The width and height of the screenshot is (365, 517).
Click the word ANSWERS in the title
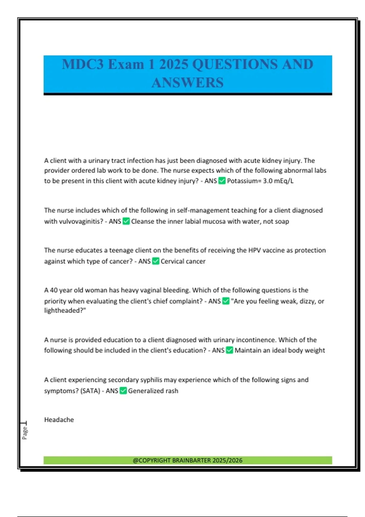tap(187, 83)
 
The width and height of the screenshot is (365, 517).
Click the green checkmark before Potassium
tap(222, 181)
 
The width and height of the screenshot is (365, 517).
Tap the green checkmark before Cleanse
tap(126, 221)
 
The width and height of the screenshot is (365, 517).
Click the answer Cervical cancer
tap(183, 261)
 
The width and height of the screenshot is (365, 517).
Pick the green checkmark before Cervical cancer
tap(155, 261)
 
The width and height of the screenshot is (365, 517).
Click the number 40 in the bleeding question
tap(54, 290)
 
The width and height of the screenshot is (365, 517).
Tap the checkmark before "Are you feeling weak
tap(226, 301)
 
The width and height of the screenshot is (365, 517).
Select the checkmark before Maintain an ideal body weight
tap(230, 350)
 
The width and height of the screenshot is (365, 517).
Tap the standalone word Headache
tap(59, 420)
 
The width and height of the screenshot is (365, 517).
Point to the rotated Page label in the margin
tap(25, 432)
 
